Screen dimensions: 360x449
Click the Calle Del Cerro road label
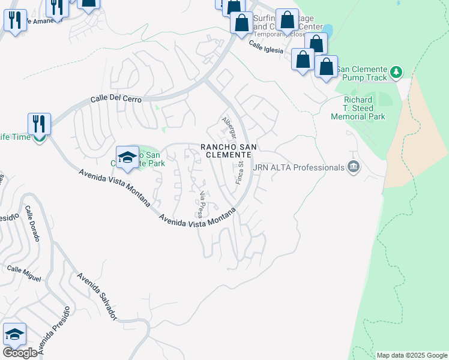[x=115, y=98]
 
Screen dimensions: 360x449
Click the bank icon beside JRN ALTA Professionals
[x=353, y=167]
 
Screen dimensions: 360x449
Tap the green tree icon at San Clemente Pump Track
[x=396, y=73]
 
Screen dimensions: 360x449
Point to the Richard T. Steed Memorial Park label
[x=358, y=108]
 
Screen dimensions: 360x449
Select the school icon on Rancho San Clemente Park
[x=127, y=157]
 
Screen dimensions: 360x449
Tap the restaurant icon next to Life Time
[x=39, y=124]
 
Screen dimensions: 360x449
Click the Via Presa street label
[x=203, y=204]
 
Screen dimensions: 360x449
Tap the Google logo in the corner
[x=20, y=353]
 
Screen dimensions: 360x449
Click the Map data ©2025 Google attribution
[x=411, y=355]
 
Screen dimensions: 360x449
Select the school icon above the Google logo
[x=14, y=334]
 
